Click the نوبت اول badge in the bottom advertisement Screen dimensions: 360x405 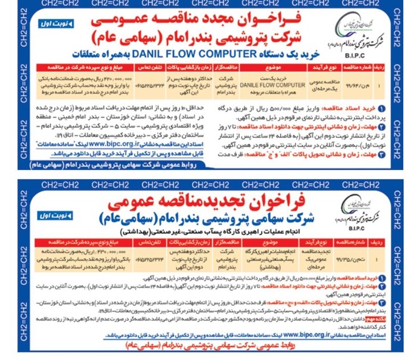pos(54,201)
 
